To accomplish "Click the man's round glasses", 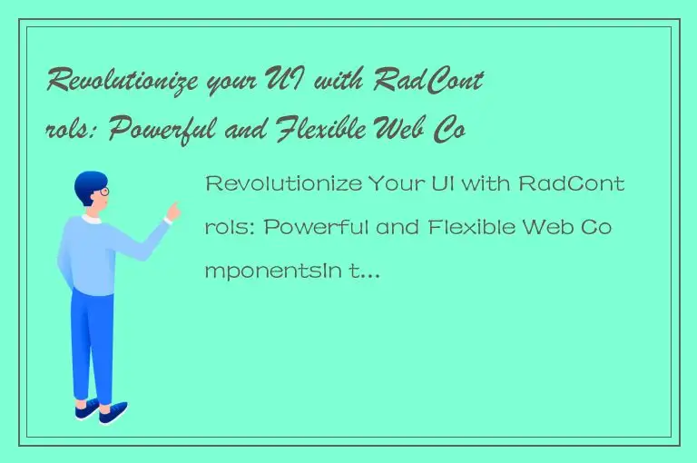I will (x=103, y=192).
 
